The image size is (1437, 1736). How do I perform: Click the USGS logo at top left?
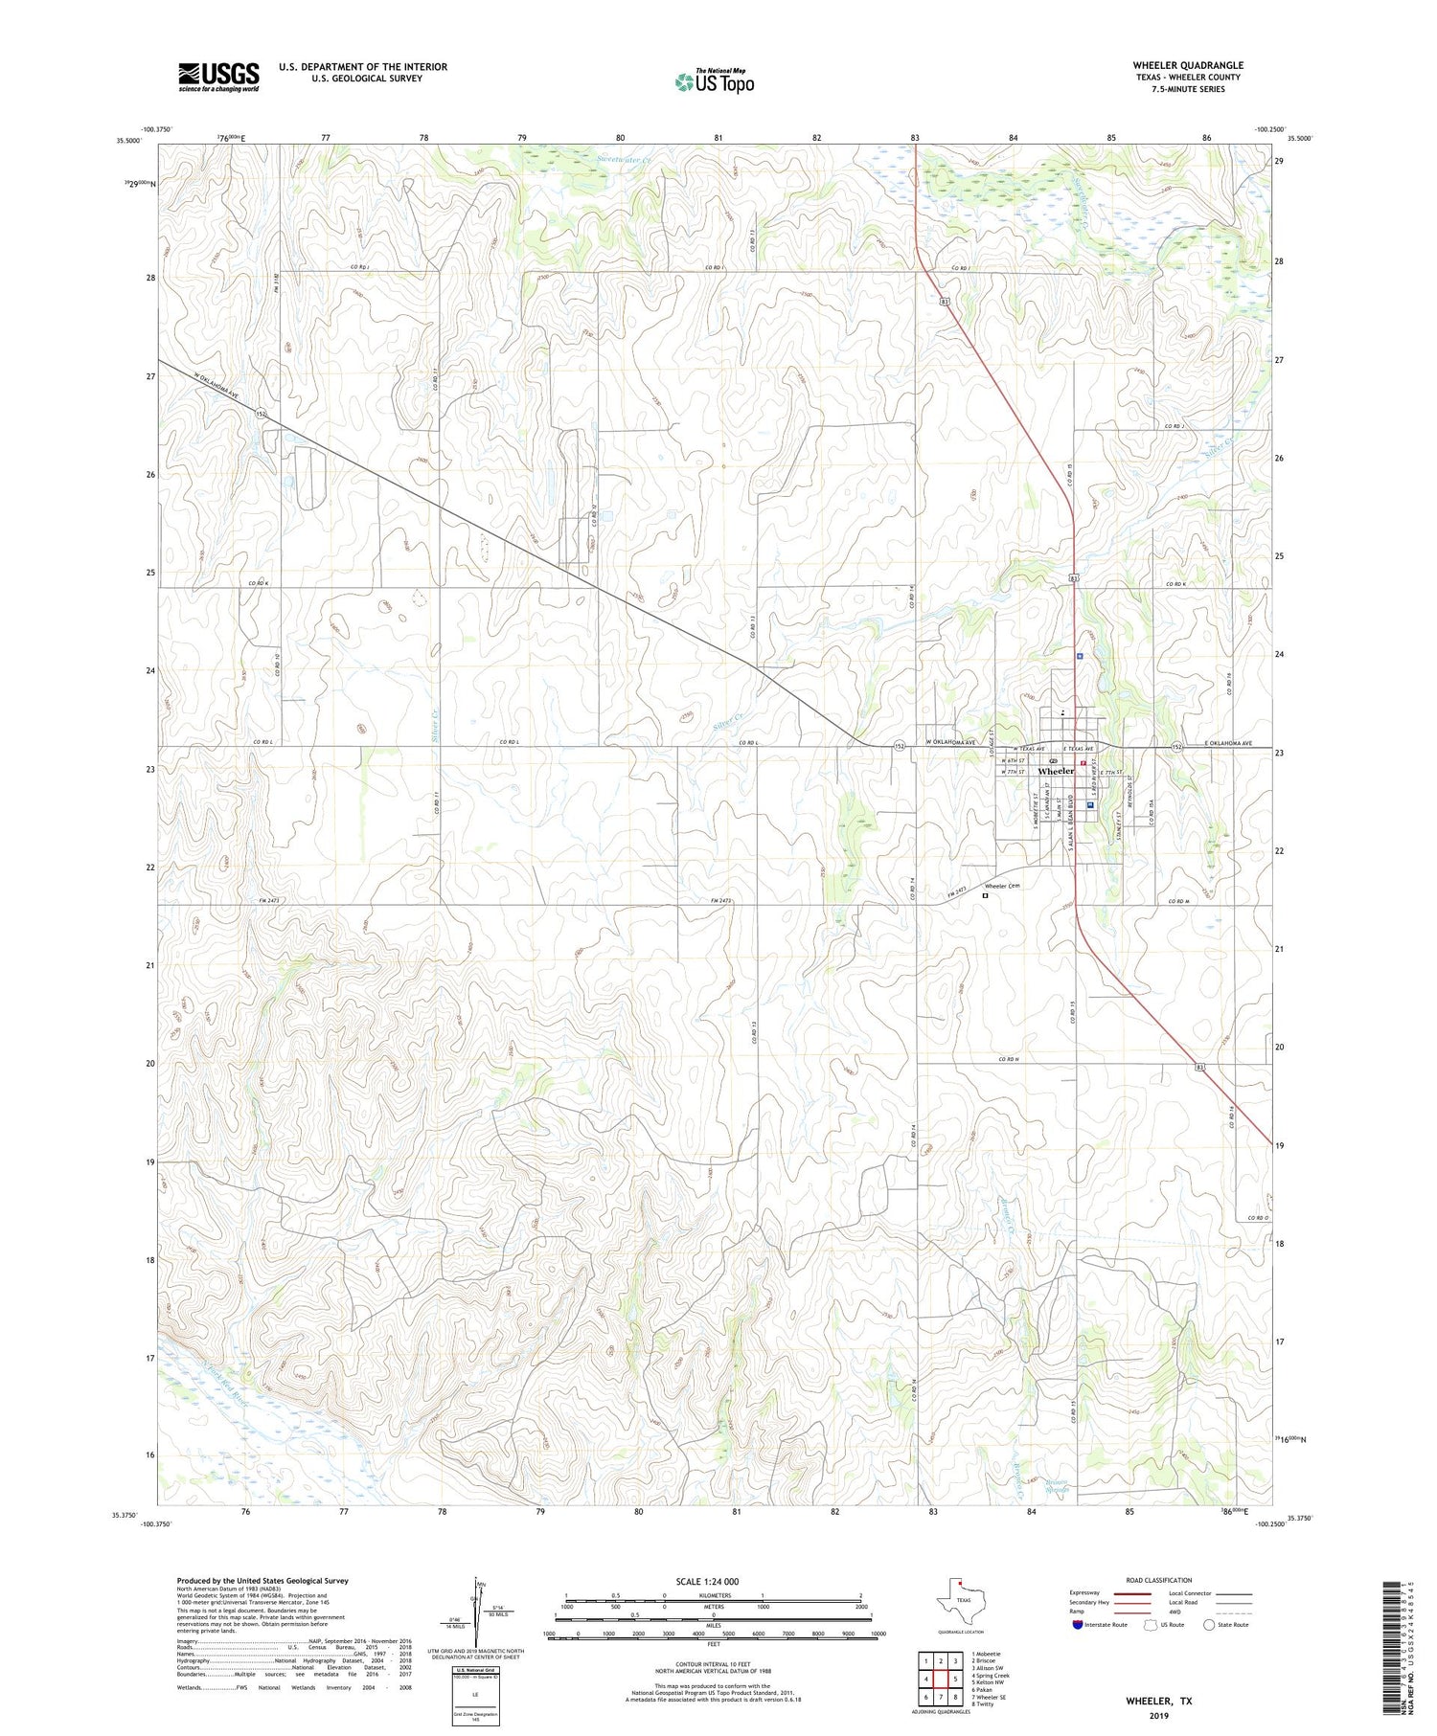pyautogui.click(x=218, y=77)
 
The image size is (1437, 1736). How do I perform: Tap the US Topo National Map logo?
pyautogui.click(x=714, y=81)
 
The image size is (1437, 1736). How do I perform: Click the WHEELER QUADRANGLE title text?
pyautogui.click(x=1187, y=65)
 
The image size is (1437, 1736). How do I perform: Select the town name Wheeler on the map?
pyautogui.click(x=1056, y=771)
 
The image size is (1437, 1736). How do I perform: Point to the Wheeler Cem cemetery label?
pyautogui.click(x=1002, y=887)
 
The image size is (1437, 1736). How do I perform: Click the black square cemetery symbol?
pyautogui.click(x=985, y=897)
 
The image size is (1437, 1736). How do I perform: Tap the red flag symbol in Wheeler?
pyautogui.click(x=1083, y=764)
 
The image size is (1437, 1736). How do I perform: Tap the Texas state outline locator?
pyautogui.click(x=958, y=1598)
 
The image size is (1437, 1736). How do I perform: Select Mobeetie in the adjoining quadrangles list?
pyautogui.click(x=988, y=1654)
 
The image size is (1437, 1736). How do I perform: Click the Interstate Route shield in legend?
pyautogui.click(x=1080, y=1625)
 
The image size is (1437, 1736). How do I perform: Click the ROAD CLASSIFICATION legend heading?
pyautogui.click(x=1159, y=1580)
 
